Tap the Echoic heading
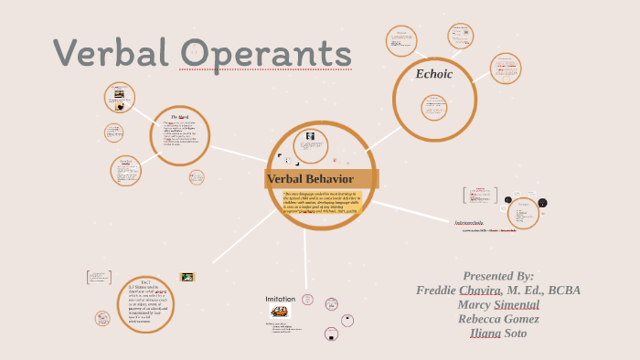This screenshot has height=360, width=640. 434,74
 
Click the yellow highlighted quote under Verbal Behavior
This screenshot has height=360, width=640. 322,206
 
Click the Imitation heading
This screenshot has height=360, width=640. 281,299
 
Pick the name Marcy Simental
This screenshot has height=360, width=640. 498,304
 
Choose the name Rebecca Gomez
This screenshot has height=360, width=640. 498,319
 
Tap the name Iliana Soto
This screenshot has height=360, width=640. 498,333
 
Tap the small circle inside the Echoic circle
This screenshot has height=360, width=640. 433,107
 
